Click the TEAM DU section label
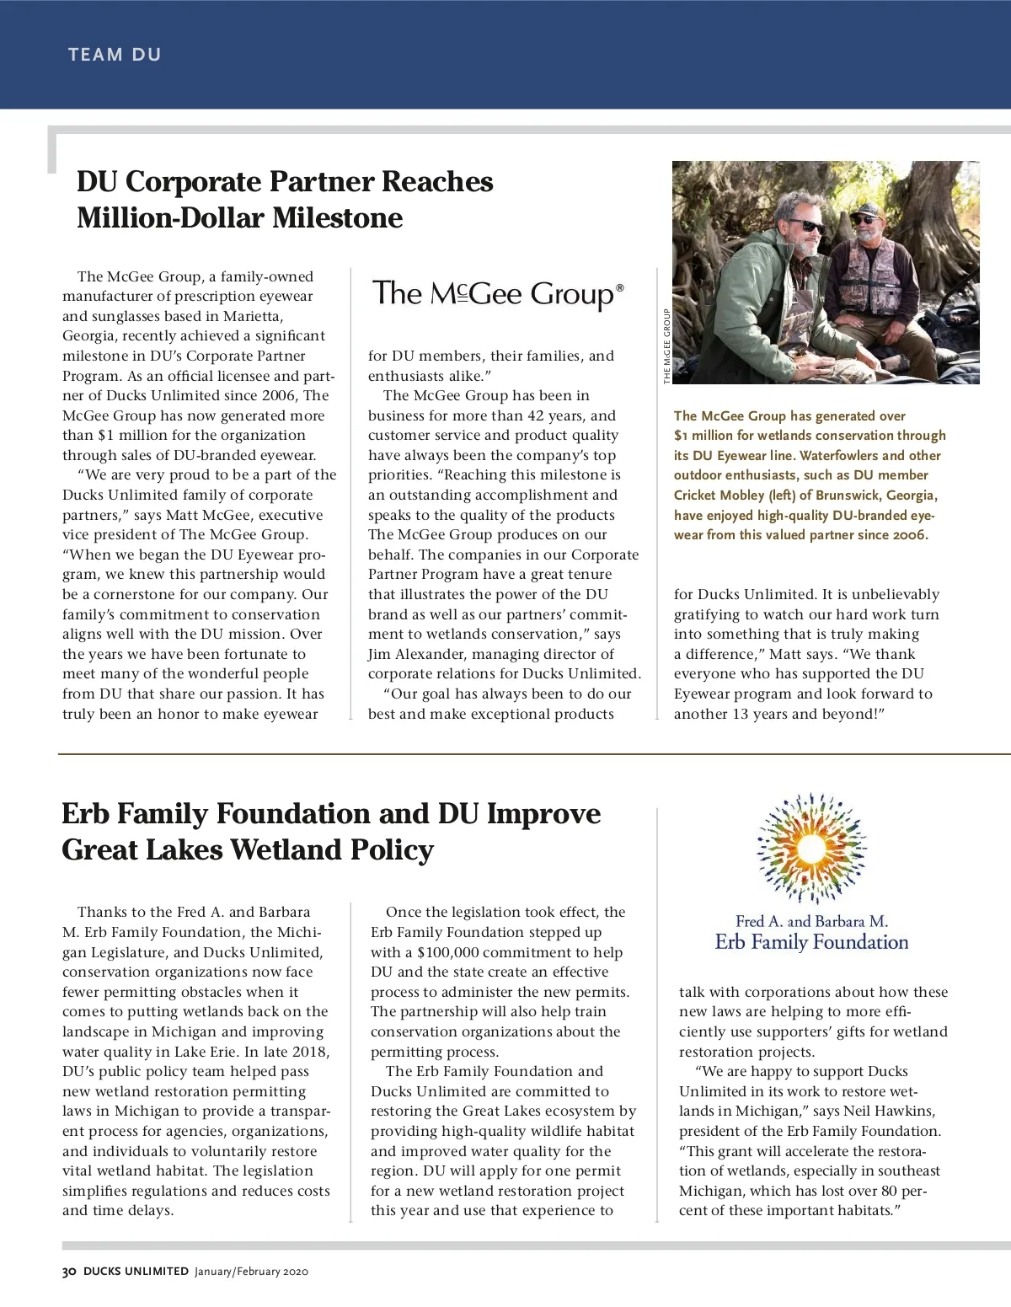(115, 55)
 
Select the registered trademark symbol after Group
(620, 287)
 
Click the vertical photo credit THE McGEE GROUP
(666, 346)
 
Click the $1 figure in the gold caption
(681, 436)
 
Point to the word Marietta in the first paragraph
(253, 316)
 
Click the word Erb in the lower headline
(88, 813)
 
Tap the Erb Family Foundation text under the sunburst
(811, 942)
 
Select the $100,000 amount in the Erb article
(453, 952)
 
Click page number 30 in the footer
(69, 1271)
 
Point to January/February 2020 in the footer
(251, 1271)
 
